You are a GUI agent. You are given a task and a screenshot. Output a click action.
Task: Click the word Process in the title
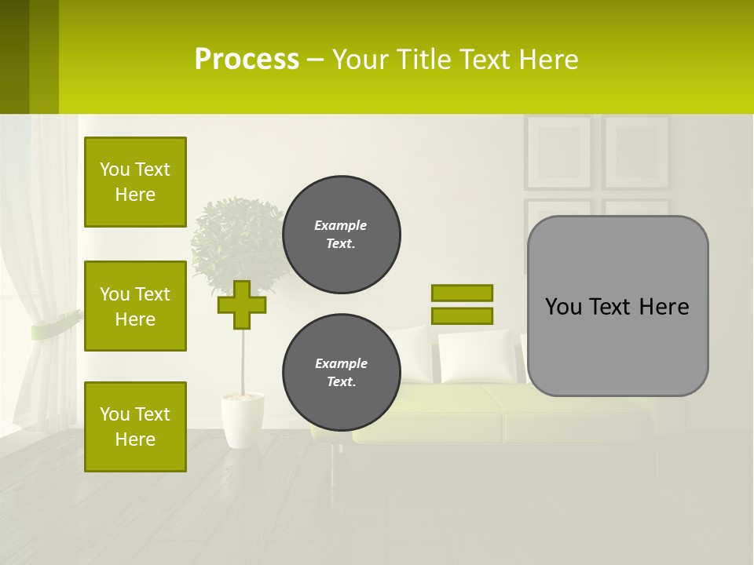click(x=247, y=60)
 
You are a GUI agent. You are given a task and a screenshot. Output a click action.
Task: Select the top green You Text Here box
click(x=135, y=182)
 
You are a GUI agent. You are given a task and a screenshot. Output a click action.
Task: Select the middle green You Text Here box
click(x=135, y=306)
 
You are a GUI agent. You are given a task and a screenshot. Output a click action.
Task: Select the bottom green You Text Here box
click(x=135, y=427)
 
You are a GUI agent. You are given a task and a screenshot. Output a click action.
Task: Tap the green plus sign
click(x=242, y=304)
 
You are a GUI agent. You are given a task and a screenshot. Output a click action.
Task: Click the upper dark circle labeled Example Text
click(x=341, y=235)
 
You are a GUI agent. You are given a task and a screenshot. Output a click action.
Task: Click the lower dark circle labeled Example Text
click(x=341, y=373)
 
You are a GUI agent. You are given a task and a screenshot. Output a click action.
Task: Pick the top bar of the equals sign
click(x=462, y=293)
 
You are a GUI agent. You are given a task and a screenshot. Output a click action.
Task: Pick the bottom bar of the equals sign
click(x=462, y=316)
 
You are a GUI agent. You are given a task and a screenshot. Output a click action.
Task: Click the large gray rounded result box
click(x=617, y=345)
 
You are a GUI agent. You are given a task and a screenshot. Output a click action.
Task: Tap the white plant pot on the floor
click(x=242, y=420)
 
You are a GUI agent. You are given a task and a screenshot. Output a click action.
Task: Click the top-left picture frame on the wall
click(x=558, y=152)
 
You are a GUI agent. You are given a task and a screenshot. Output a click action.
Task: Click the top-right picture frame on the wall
click(x=636, y=152)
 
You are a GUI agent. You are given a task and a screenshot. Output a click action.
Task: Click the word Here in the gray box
click(x=664, y=307)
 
